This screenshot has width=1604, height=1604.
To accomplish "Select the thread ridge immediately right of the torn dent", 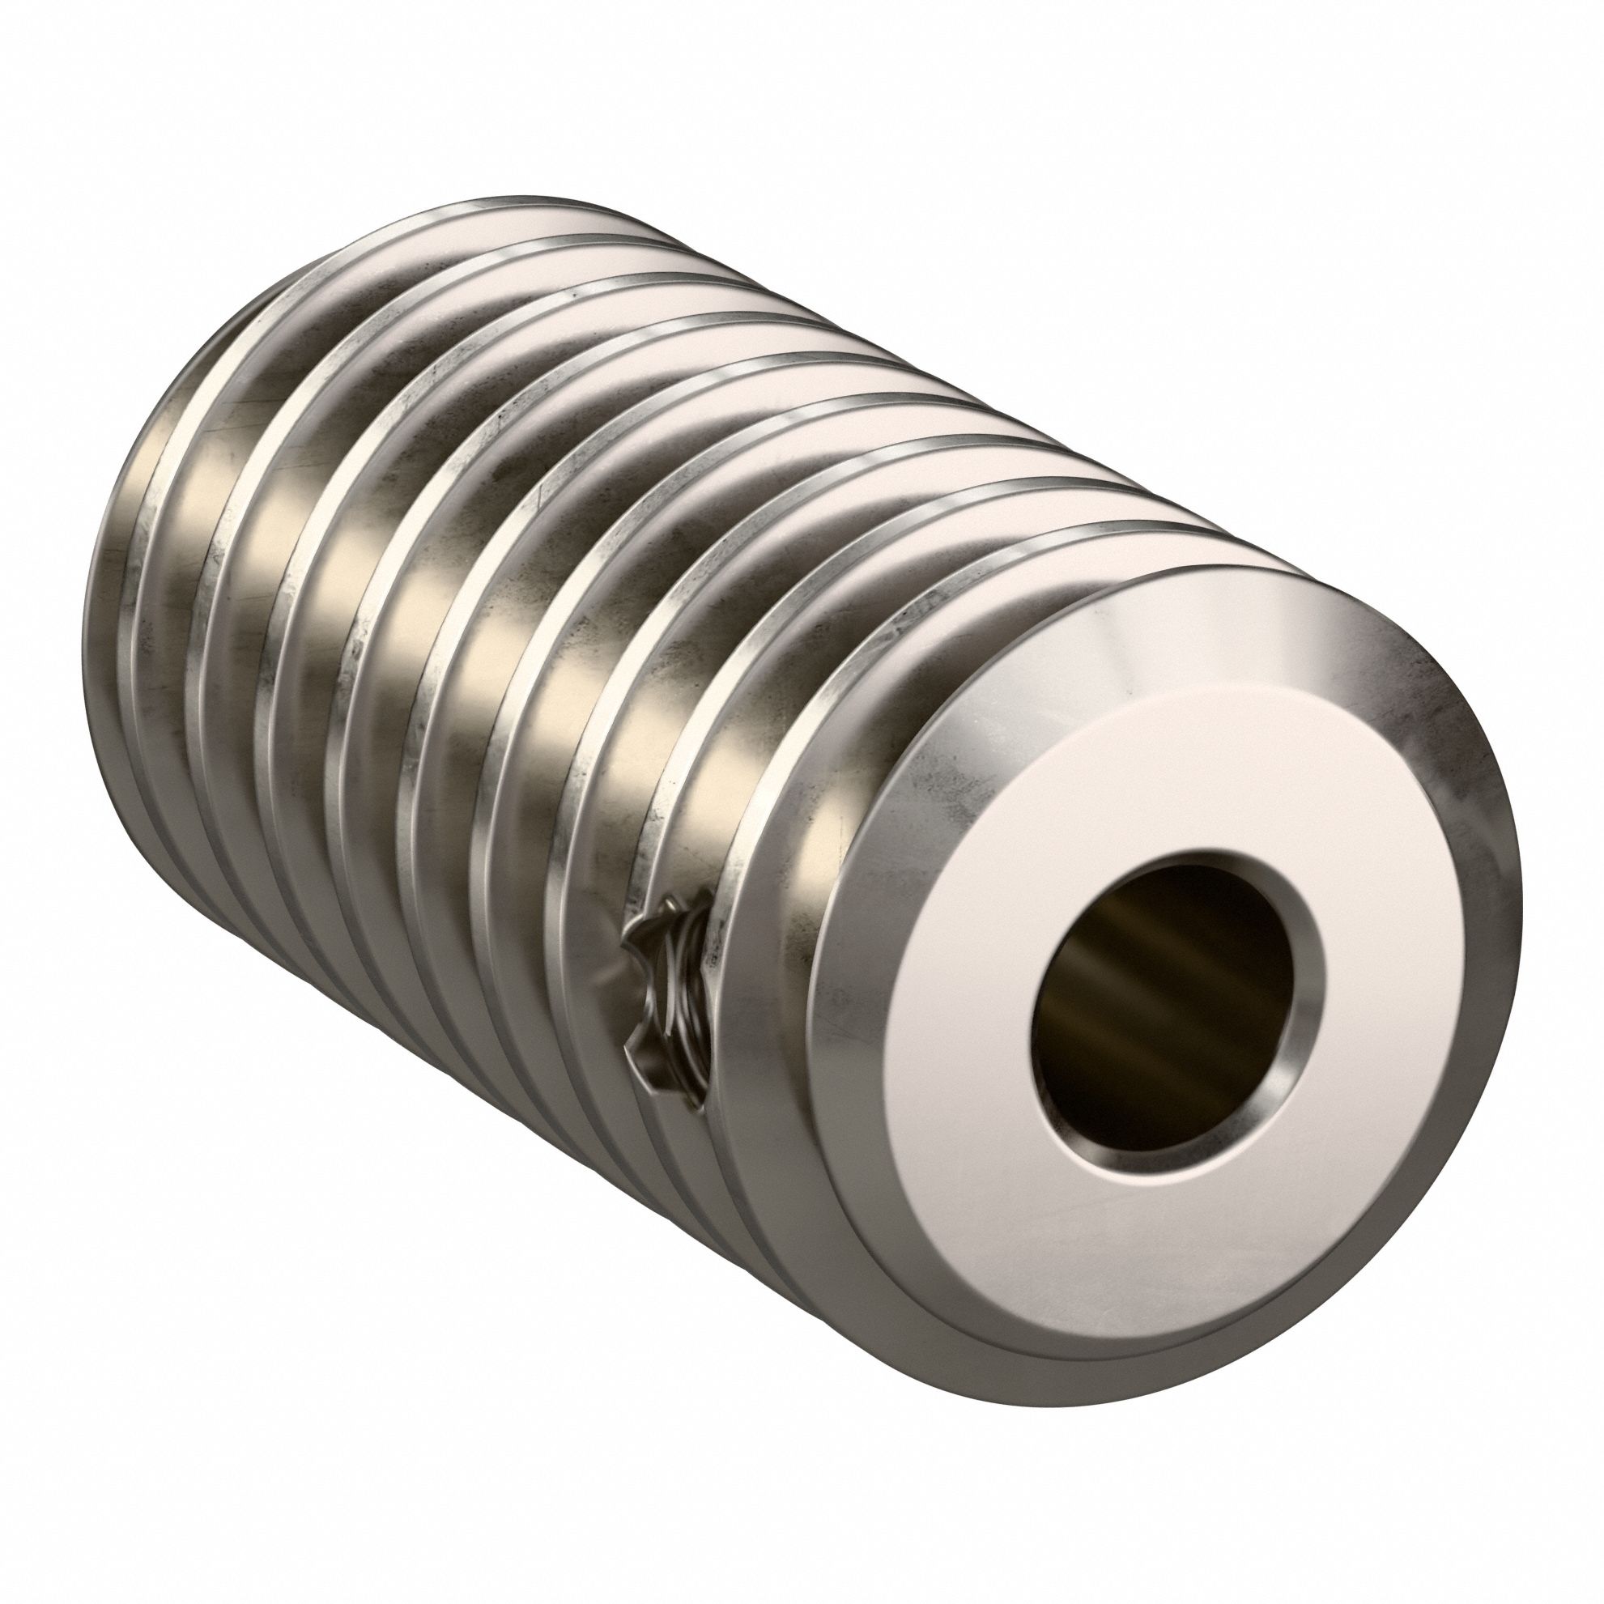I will tap(718, 930).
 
